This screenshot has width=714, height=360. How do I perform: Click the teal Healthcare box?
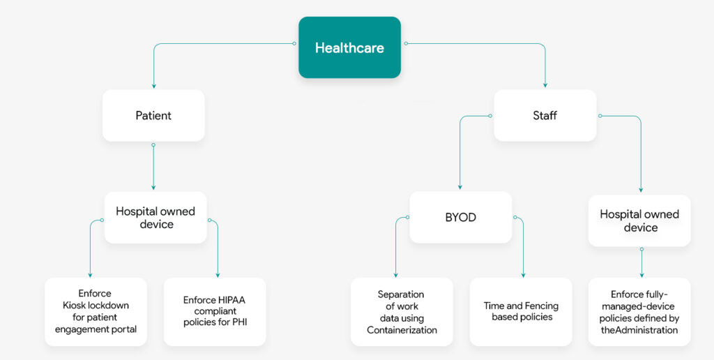pos(349,47)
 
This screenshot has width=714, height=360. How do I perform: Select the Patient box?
pos(153,115)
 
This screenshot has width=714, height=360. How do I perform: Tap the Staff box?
pos(545,115)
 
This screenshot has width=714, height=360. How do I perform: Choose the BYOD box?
pos(460,218)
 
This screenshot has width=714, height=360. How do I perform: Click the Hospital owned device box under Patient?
pos(155,218)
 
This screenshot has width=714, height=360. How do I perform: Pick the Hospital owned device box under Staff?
pos(639,220)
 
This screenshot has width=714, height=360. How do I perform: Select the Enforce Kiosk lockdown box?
pos(96,311)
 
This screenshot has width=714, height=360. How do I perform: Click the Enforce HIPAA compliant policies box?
pos(215,311)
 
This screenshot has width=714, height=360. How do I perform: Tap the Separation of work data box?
pos(402,311)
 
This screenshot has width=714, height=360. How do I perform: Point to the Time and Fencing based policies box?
pos(521,311)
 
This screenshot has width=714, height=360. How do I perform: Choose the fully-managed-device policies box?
pos(639,311)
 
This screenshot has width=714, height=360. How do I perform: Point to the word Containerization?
pos(402,330)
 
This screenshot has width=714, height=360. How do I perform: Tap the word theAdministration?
pos(639,330)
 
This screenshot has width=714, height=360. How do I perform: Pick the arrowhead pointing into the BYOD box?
pos(460,188)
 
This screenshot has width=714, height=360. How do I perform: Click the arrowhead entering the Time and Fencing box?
pos(523,275)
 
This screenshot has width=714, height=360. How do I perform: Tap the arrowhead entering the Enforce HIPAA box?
pos(218,275)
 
